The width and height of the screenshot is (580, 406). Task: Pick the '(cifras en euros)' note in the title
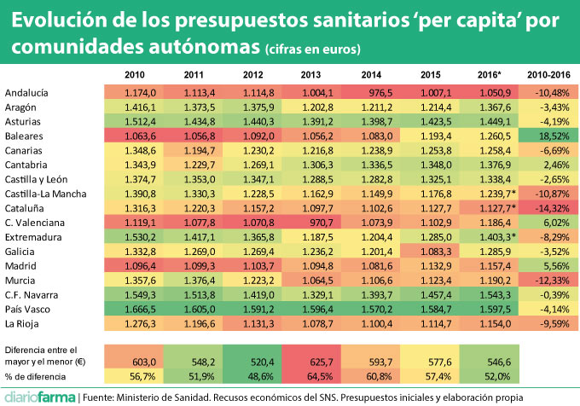312,46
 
